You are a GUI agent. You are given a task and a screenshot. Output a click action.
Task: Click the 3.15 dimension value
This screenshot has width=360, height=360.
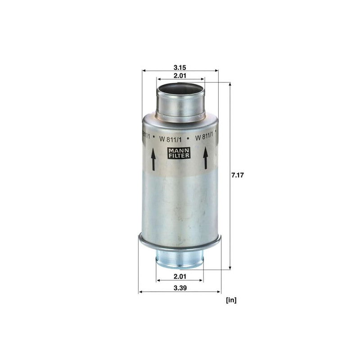click(180, 67)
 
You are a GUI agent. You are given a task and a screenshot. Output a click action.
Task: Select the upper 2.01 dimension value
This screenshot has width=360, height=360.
click(180, 76)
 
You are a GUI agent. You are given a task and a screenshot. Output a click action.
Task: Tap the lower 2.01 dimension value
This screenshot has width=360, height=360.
click(180, 276)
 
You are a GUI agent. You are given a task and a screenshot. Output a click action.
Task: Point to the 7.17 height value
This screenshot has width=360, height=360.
click(238, 175)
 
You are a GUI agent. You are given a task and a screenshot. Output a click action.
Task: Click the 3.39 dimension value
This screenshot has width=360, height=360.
click(180, 288)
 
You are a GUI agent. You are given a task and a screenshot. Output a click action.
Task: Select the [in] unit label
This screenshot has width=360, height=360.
click(231, 300)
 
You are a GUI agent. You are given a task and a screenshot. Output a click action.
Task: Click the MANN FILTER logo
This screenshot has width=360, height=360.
click(179, 153)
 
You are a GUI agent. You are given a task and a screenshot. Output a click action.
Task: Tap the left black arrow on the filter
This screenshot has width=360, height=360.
click(153, 159)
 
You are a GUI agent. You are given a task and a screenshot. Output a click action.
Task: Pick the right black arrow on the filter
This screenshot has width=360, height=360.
click(206, 158)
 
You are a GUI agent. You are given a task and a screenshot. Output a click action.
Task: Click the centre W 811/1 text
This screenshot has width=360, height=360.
click(171, 139)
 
